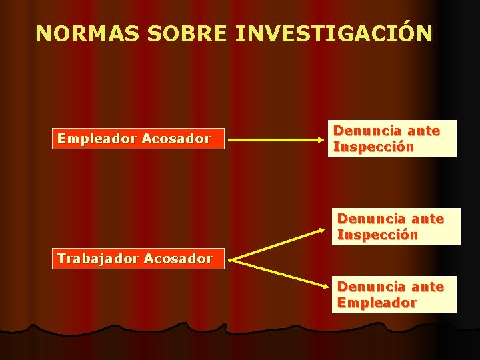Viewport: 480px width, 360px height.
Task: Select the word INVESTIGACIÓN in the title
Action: coord(333,33)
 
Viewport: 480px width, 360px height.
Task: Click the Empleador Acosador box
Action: coord(138,139)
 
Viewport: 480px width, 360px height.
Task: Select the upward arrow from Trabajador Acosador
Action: coord(283,242)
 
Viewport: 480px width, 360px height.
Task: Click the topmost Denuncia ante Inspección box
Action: coord(393,139)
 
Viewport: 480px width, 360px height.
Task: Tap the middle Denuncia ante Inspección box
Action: coord(396,227)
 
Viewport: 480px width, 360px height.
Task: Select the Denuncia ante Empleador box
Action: coord(394,295)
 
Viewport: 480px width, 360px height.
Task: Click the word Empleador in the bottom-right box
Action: coord(377,303)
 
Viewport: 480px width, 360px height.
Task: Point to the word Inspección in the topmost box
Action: coord(373,147)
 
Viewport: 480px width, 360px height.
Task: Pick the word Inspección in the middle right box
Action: coord(377,235)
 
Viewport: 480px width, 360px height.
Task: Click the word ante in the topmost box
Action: coord(424,131)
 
